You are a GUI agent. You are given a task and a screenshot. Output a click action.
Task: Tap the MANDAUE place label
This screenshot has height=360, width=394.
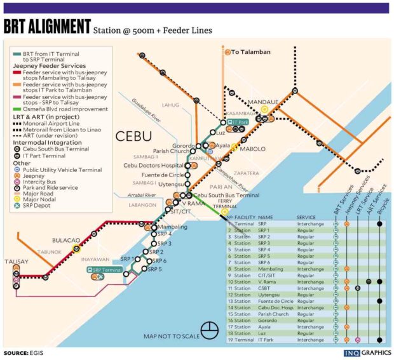(263, 100)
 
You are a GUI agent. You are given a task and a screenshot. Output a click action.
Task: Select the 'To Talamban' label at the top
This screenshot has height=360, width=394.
(248, 52)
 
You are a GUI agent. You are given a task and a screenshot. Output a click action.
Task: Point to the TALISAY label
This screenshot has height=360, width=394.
(17, 261)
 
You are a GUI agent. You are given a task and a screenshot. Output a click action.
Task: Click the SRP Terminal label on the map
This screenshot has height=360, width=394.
(106, 270)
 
